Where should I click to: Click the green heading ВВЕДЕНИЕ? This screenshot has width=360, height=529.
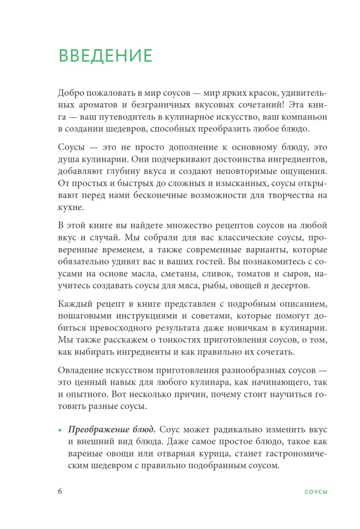[x=105, y=56]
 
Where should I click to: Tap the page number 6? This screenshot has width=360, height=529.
[x=60, y=491]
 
